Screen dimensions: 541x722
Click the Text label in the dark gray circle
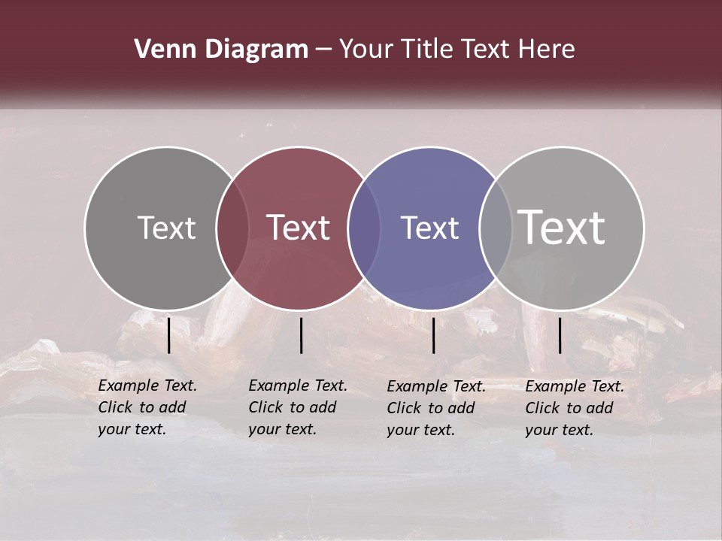click(x=166, y=228)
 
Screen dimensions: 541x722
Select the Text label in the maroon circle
click(x=298, y=228)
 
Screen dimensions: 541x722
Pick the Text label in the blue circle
click(x=429, y=228)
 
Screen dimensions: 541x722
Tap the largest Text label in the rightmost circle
click(x=562, y=227)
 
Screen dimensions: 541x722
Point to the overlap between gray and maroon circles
click(x=232, y=228)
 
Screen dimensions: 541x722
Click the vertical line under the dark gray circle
click(x=169, y=335)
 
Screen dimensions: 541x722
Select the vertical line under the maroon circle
click(x=301, y=335)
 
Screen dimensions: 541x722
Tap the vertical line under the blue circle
click(x=433, y=335)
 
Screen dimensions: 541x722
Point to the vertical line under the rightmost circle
click(x=560, y=335)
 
